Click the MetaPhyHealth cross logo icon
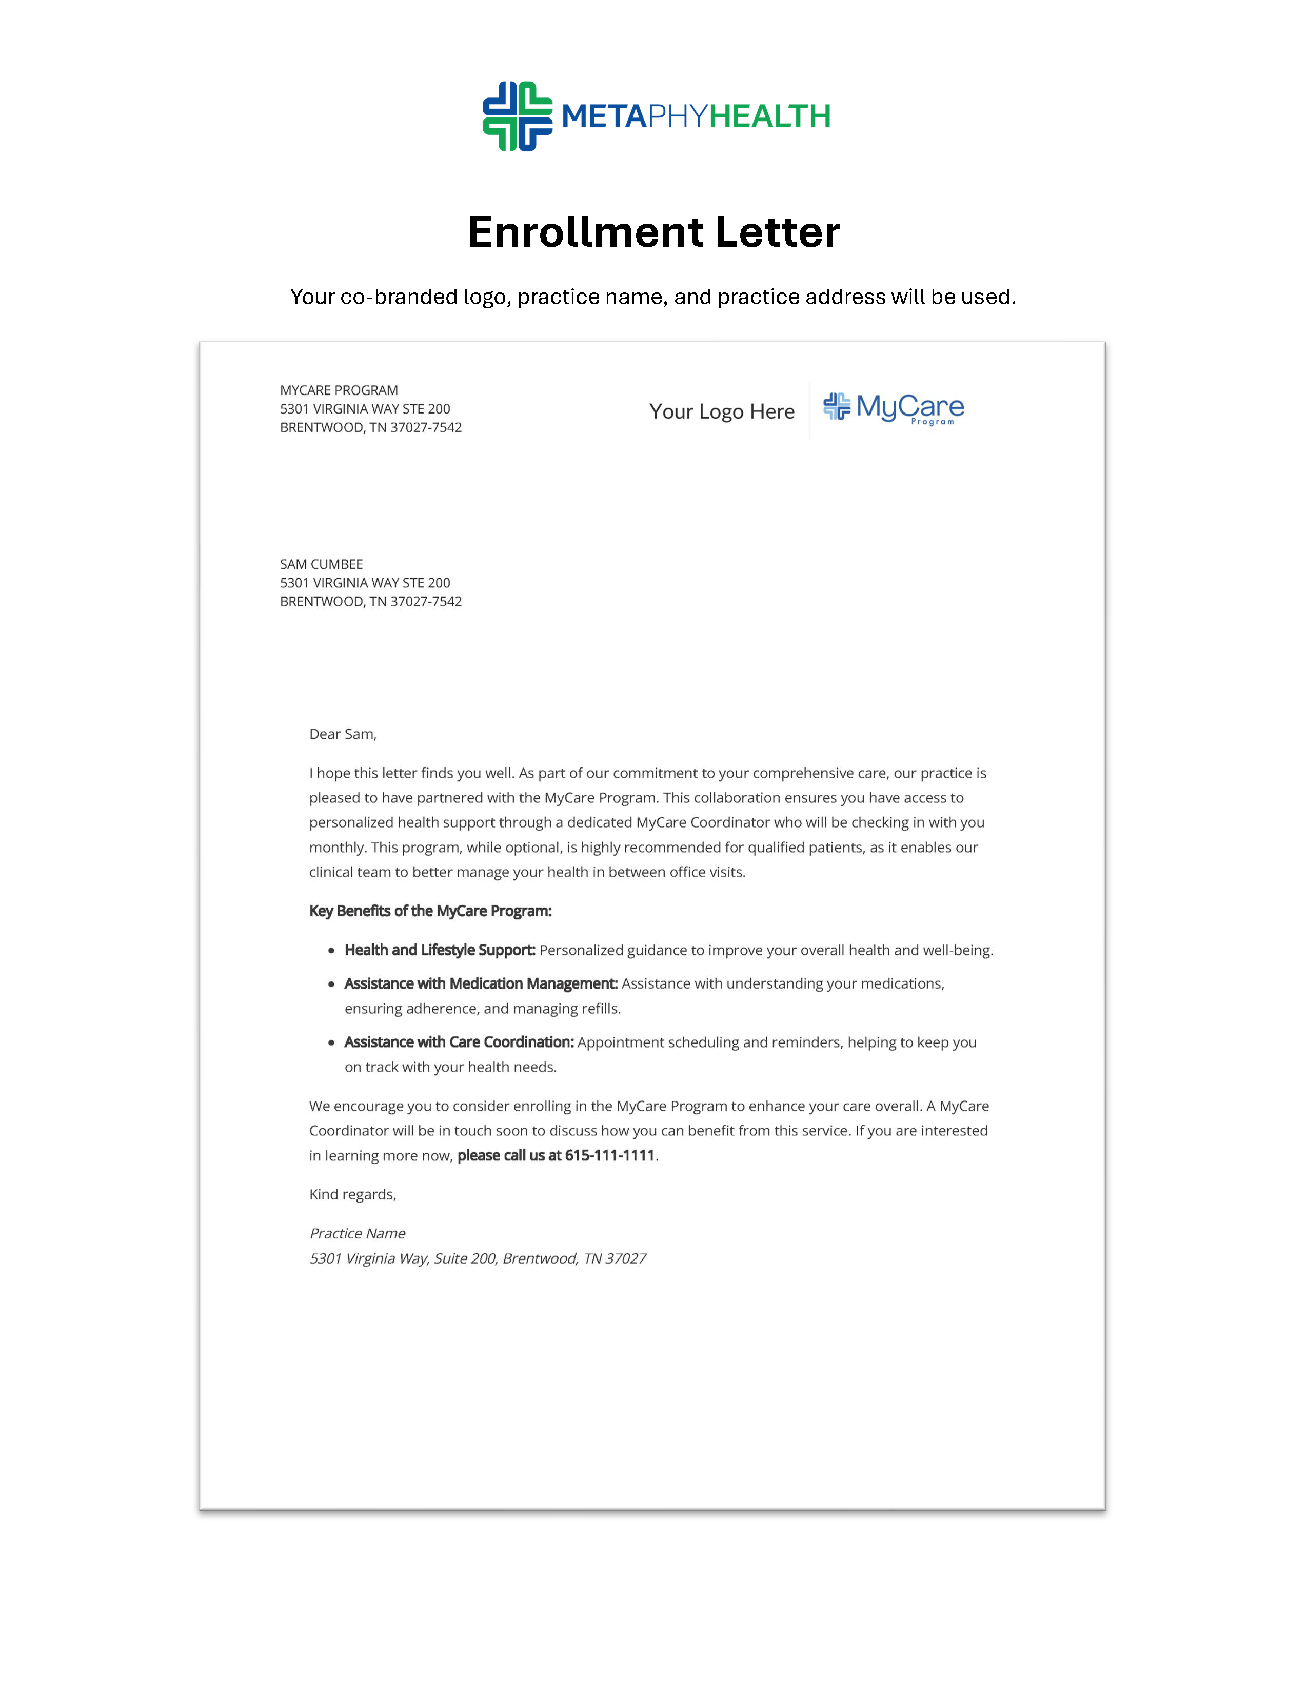click(x=517, y=116)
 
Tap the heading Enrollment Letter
click(x=654, y=232)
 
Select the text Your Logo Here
click(x=721, y=411)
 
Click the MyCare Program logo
click(x=894, y=408)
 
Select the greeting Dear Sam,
click(x=343, y=734)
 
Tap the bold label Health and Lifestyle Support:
click(x=440, y=950)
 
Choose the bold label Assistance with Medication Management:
click(x=481, y=983)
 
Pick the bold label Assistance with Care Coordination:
click(x=459, y=1042)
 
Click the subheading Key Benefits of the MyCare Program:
click(x=430, y=911)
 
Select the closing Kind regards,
click(x=352, y=1194)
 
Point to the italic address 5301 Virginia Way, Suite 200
click(x=403, y=1258)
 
